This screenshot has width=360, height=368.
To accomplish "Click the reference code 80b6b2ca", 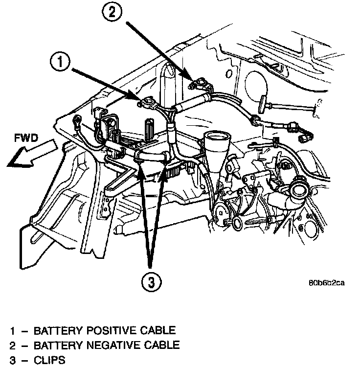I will coord(326,283).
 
